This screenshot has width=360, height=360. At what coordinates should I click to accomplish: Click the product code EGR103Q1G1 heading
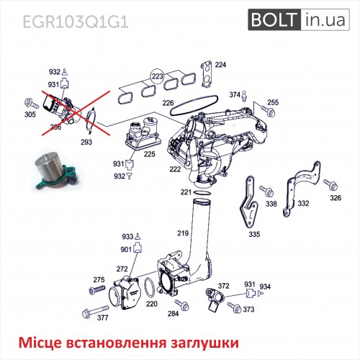click(x=76, y=22)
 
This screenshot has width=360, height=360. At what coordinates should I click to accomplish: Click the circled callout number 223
click(x=158, y=76)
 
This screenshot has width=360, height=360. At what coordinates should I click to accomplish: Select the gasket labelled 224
click(x=206, y=73)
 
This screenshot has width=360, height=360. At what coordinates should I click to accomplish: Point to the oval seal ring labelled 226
click(x=194, y=105)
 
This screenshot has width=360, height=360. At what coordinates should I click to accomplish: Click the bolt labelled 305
click(x=32, y=104)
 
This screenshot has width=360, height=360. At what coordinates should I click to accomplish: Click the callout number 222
click(x=175, y=169)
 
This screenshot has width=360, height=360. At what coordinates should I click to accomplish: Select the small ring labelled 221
click(x=202, y=193)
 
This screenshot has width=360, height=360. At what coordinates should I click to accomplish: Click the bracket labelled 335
click(x=249, y=202)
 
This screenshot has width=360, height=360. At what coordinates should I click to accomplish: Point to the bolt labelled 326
click(x=330, y=184)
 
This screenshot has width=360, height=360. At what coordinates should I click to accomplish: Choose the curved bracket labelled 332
click(x=302, y=189)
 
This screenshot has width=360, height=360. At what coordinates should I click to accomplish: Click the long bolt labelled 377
click(x=95, y=311)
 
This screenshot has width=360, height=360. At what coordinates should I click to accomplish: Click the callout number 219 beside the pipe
click(x=183, y=233)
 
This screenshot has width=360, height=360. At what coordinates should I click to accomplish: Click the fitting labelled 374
click(x=244, y=96)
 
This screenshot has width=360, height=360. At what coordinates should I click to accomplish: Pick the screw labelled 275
click(x=97, y=289)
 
